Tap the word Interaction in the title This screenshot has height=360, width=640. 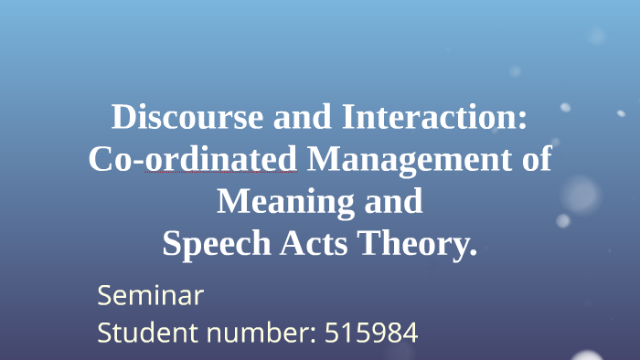(429, 118)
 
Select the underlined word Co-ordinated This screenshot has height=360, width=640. (194, 159)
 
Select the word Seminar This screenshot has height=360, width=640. (150, 296)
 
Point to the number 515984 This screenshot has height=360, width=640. (371, 332)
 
